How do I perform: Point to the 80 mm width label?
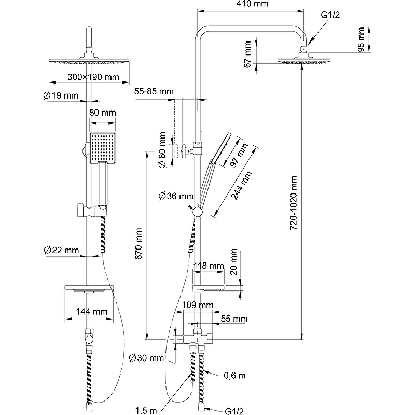103,113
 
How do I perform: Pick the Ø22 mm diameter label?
61,250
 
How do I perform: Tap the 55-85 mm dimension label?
154,91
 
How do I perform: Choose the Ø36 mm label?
176,196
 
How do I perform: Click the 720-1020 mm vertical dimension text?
294,202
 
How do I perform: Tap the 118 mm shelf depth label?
208,266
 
